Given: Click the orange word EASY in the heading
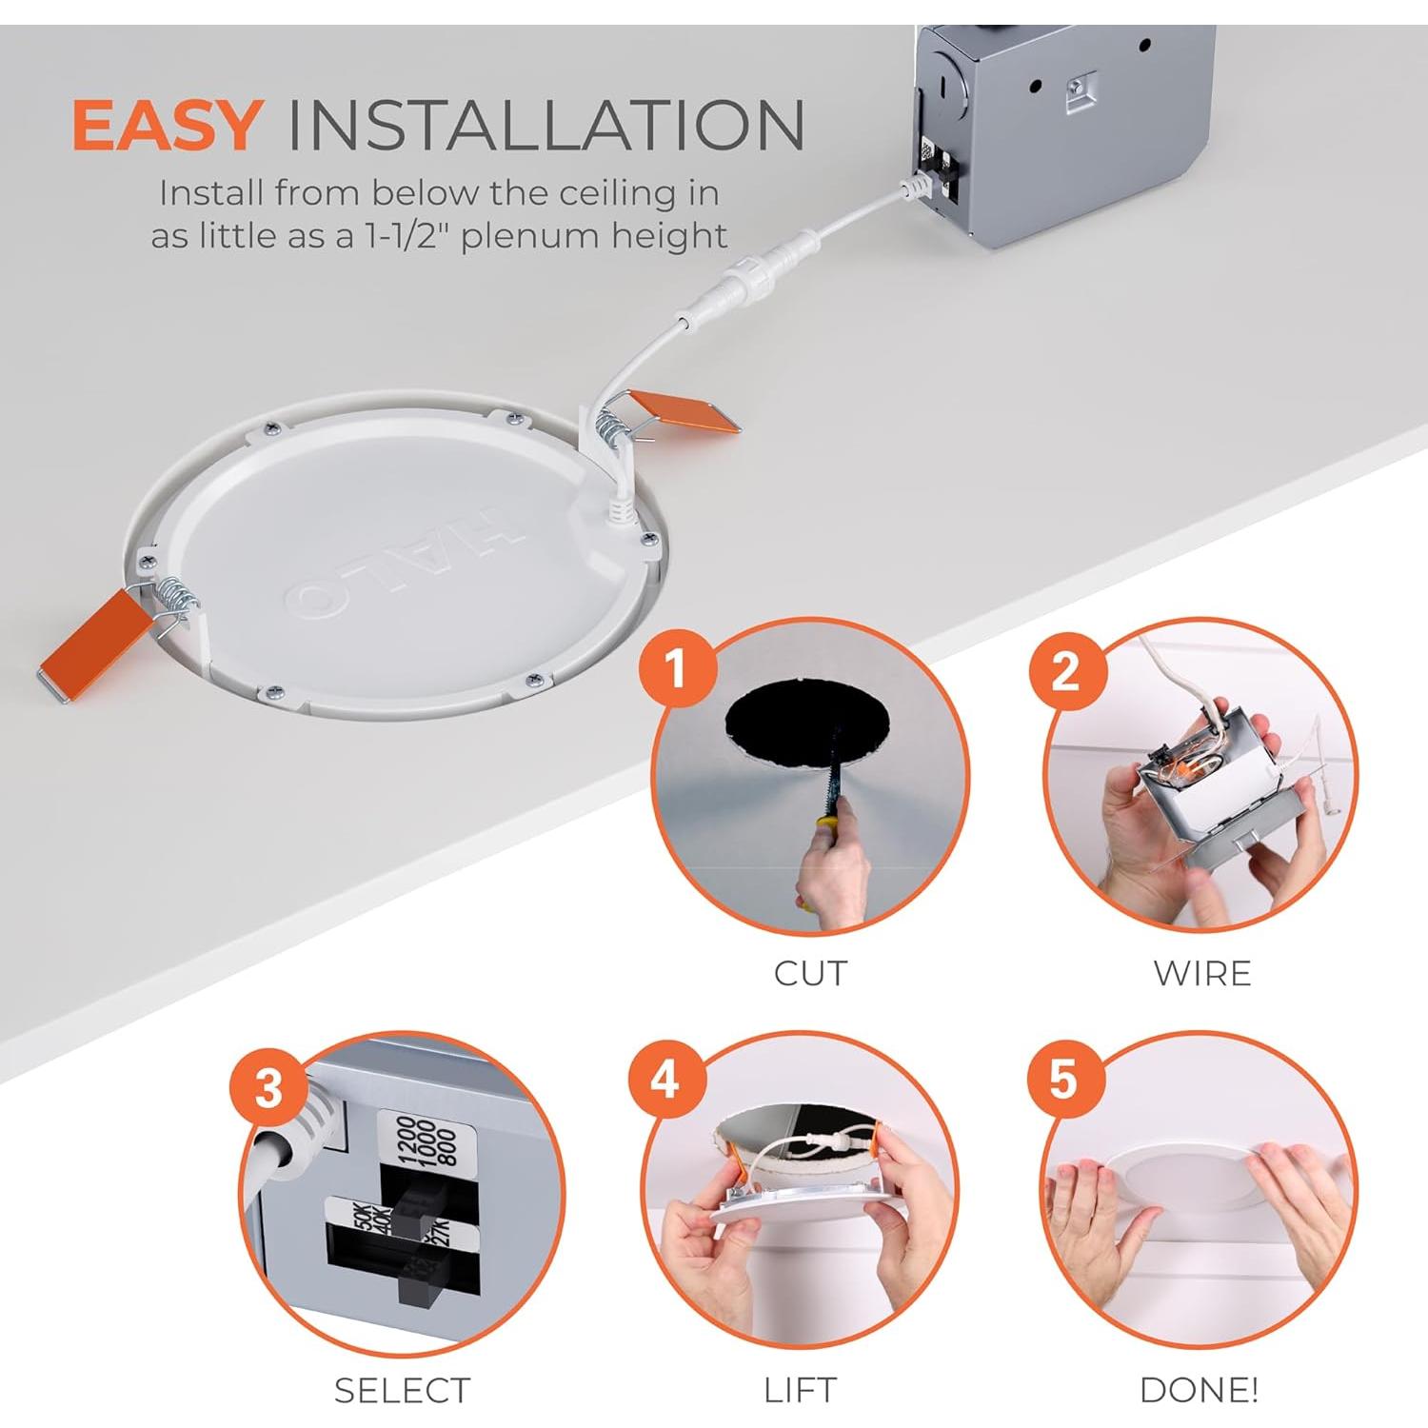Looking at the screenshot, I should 167,125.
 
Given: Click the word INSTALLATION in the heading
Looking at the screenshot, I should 545,125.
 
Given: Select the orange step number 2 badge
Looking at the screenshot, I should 1066,672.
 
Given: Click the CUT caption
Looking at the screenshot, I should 810,974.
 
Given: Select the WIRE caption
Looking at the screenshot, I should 1201,974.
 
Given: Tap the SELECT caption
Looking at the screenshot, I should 402,1391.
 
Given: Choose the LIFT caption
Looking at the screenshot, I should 800,1390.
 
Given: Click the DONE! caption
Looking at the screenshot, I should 1199,1390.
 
